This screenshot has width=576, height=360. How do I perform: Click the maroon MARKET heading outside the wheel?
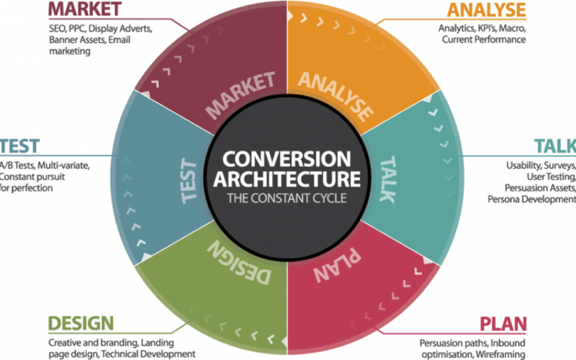point(85,9)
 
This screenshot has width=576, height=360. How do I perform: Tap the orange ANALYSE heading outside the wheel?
point(487,10)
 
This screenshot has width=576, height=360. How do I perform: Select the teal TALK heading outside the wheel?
point(555,146)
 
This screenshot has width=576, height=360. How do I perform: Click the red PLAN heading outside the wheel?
point(503,324)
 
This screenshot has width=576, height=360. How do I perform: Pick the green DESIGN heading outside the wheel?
point(81,323)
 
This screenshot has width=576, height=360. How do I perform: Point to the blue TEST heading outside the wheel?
point(19,146)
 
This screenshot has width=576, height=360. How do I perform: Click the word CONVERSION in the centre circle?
point(287,159)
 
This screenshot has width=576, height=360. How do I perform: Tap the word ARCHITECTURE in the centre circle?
point(287,179)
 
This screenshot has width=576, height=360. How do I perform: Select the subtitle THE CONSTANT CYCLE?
point(287,199)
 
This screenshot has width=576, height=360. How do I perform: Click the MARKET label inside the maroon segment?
point(240,95)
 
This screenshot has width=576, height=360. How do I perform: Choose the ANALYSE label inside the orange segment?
point(336,96)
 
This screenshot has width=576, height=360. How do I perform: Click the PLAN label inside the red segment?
point(337,264)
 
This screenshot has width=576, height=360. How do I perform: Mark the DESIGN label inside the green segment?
point(239,263)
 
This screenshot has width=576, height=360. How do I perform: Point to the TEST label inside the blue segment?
point(189,181)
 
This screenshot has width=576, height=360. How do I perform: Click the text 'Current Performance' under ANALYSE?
point(484,40)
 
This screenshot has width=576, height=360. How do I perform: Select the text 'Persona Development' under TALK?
point(531,199)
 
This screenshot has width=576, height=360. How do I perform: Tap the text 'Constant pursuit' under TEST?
point(32,176)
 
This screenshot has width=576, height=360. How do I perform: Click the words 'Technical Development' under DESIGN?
point(148,354)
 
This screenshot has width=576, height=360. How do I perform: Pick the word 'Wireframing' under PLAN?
point(500,354)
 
